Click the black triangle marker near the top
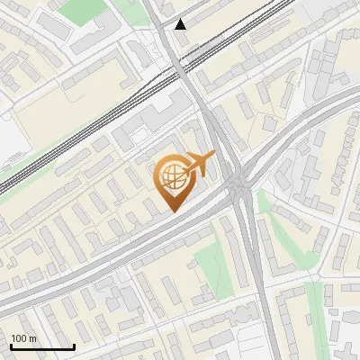click(181, 24)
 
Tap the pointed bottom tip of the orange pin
click(172, 211)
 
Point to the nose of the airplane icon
click(214, 157)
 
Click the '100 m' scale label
click(24, 338)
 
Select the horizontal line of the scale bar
click(42, 346)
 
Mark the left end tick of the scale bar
click(11, 346)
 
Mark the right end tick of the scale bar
click(74, 346)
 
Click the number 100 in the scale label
click(20, 338)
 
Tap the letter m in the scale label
click(33, 338)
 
